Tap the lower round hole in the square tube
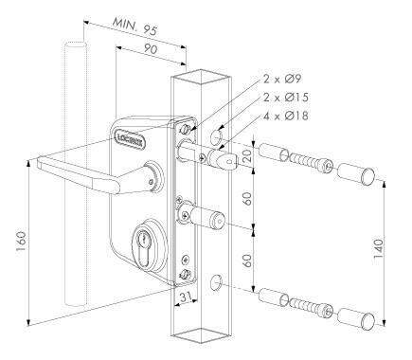click(x=218, y=281)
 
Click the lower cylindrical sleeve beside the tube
click(x=270, y=297)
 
